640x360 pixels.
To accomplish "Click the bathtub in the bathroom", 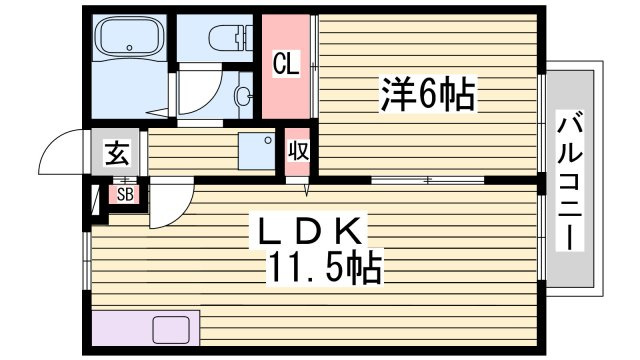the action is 129,37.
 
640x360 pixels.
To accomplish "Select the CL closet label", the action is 286,64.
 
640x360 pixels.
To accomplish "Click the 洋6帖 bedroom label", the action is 428,94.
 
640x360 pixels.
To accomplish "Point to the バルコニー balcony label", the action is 570,180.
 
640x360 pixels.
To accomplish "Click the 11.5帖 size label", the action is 324,267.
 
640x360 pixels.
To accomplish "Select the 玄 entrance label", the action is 118,153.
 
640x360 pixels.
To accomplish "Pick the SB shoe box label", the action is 125,195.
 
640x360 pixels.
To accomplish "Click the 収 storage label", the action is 298,151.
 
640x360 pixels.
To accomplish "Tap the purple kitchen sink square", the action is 171,330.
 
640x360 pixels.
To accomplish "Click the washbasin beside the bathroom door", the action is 242,96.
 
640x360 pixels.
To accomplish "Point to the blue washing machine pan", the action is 257,151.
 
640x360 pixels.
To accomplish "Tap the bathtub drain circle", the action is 129,47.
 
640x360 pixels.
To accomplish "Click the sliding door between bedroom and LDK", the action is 427,180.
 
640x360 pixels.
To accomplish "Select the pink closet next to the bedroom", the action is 286,67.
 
